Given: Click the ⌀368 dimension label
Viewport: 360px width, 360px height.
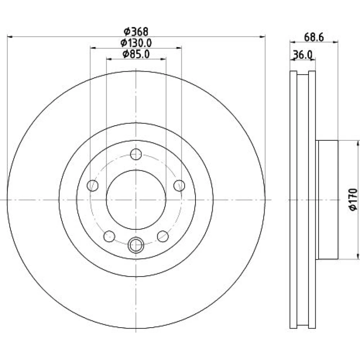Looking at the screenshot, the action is click(136, 32).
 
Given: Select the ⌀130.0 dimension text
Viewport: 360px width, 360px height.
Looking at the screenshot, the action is click(136, 43).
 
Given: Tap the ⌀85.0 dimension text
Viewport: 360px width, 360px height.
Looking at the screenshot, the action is click(136, 54).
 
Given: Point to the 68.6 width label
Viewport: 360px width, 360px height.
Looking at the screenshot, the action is click(314, 37).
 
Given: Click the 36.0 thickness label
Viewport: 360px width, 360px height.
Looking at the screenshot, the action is click(303, 55).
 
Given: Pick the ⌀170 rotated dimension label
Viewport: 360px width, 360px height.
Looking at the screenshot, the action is click(353, 199).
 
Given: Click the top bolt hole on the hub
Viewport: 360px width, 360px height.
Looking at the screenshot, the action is click(136, 154).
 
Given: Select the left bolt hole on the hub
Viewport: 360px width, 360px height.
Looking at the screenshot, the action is click(93, 185).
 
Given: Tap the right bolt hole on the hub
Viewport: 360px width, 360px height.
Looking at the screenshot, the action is click(179, 185).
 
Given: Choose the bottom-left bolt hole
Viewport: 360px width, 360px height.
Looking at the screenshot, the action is click(109, 236).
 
